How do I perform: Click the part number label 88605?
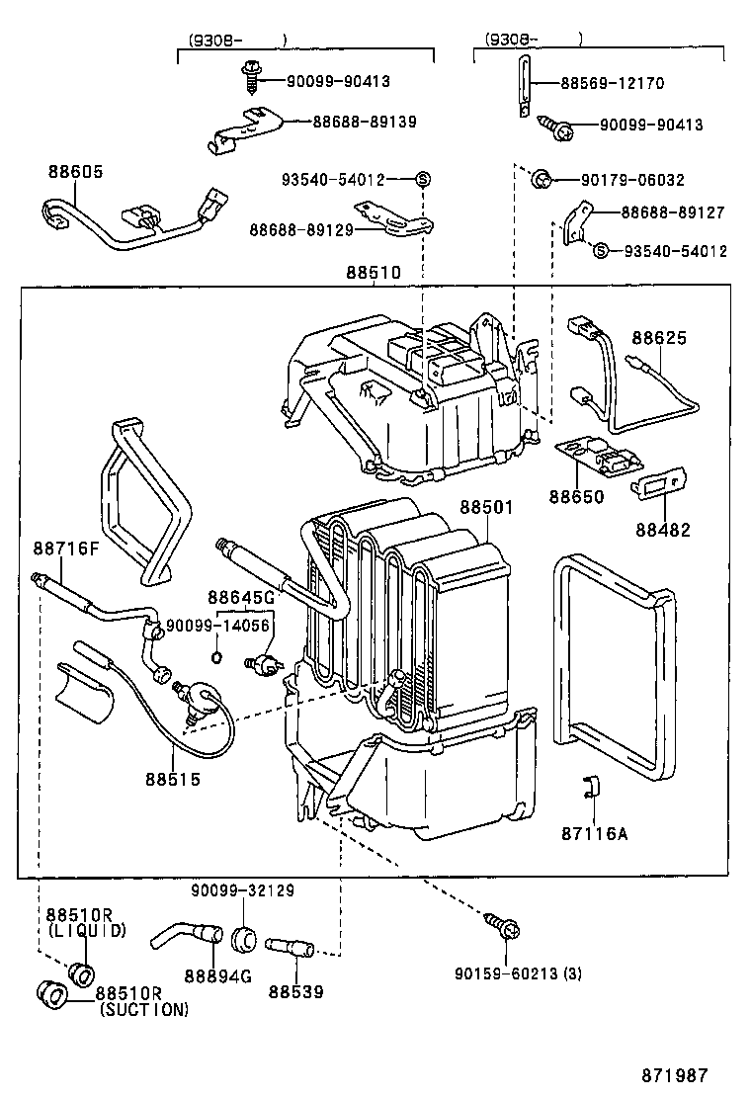(75, 171)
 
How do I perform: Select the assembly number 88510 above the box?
(374, 272)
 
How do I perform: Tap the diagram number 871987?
(673, 1074)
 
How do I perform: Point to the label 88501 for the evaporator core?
(485, 508)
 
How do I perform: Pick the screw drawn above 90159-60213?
(504, 927)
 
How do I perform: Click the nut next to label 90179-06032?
(541, 179)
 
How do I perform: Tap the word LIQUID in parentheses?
(86, 930)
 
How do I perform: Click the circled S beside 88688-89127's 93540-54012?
(599, 251)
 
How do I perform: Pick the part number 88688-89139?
(365, 122)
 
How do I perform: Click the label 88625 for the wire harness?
(659, 338)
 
